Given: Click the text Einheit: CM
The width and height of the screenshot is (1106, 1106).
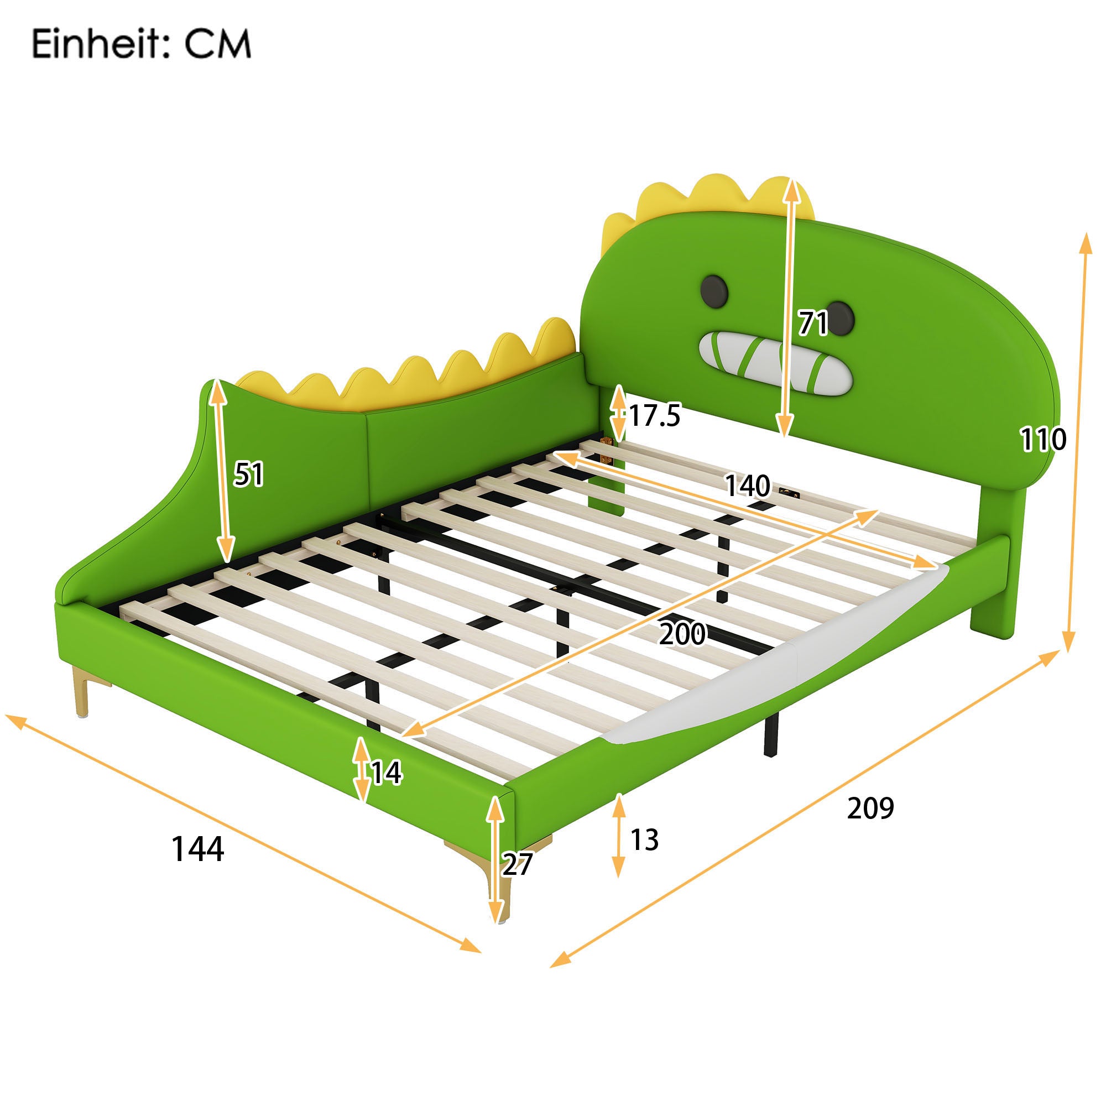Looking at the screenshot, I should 141,44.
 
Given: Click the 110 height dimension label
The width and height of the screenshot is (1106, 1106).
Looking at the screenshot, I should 1043,439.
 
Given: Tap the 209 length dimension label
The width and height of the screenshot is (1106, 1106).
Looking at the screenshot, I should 870,808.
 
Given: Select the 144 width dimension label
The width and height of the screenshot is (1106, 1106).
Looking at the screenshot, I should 197,848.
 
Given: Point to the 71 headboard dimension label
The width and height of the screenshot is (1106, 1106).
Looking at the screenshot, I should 813,324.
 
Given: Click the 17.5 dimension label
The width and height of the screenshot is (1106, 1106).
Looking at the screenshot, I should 654,415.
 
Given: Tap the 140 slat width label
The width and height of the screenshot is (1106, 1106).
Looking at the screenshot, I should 748,486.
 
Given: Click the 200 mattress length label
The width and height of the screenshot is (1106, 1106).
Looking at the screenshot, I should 682,633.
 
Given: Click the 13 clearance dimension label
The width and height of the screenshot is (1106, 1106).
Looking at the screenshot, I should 645,839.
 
